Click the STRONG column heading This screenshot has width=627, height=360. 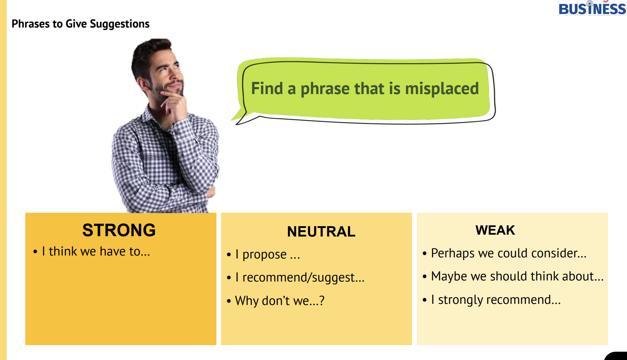click(119, 230)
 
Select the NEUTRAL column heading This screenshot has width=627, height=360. click(321, 232)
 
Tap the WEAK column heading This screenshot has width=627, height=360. click(495, 230)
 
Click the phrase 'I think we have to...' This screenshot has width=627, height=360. click(96, 251)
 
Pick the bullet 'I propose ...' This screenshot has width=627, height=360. click(268, 254)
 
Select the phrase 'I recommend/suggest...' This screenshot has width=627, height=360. click(300, 277)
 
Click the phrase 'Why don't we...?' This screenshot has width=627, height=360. click(280, 300)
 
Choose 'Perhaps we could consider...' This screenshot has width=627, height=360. click(509, 253)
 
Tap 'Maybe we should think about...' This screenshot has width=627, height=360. click(517, 276)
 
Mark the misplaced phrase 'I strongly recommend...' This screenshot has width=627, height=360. click(496, 300)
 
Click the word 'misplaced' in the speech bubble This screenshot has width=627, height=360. click(442, 89)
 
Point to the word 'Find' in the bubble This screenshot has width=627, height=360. click(267, 88)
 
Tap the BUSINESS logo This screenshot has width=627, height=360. click(592, 8)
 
